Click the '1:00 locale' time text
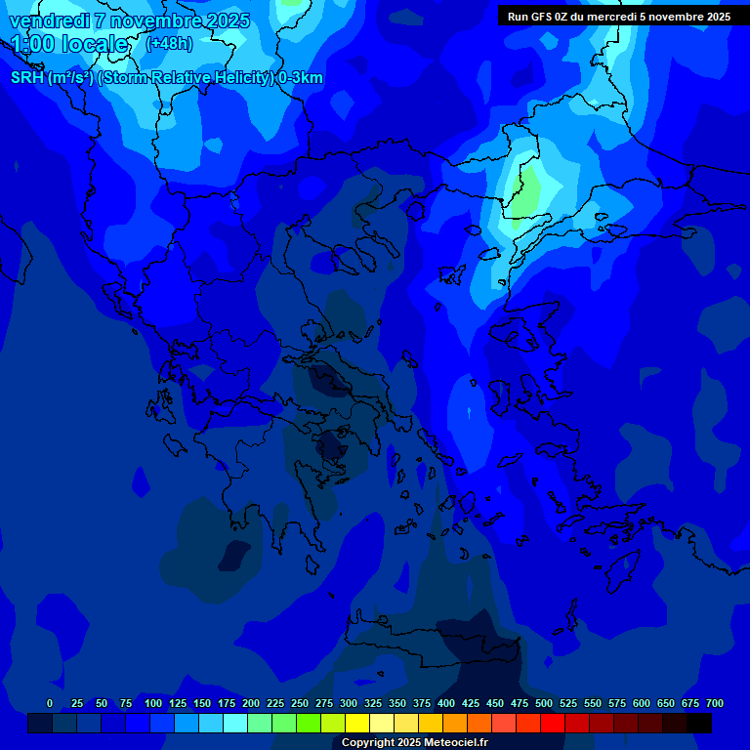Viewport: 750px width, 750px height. pyautogui.click(x=69, y=44)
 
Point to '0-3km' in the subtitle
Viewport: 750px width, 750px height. pyautogui.click(x=301, y=78)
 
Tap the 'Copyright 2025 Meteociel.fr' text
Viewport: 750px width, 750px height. pyautogui.click(x=415, y=742)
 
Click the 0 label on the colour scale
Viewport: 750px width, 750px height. pyautogui.click(x=50, y=703)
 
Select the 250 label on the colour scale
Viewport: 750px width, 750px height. pyautogui.click(x=300, y=703)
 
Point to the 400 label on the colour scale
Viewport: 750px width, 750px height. pyautogui.click(x=446, y=703)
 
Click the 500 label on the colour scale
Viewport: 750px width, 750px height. pyautogui.click(x=544, y=703)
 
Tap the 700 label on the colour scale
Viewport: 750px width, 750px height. pyautogui.click(x=715, y=703)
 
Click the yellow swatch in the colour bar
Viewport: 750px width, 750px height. pyautogui.click(x=356, y=723)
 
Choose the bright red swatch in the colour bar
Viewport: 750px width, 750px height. pyautogui.click(x=552, y=723)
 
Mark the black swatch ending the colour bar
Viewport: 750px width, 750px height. pyautogui.click(x=698, y=723)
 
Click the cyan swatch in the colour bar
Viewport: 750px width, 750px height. pyautogui.click(x=234, y=723)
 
